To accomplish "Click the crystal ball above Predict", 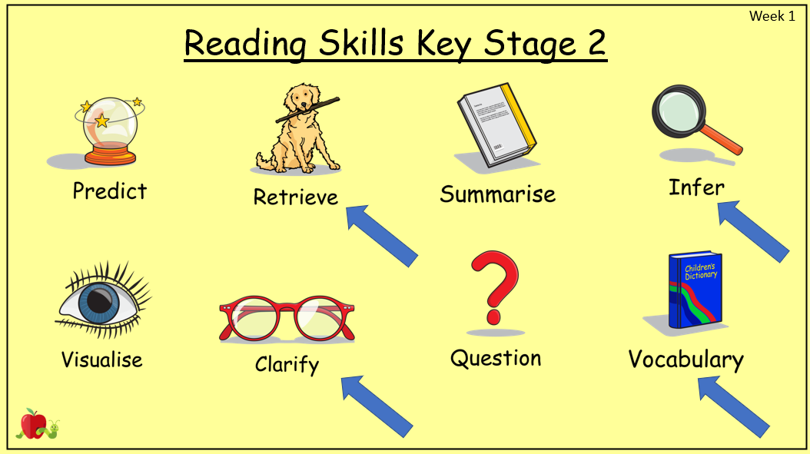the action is click(x=110, y=131).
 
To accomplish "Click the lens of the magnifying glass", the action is click(x=679, y=111).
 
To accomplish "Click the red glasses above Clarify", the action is click(x=287, y=319).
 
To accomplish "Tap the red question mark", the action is click(x=494, y=287).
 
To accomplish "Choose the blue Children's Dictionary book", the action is click(x=695, y=290).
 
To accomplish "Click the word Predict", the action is click(x=110, y=191).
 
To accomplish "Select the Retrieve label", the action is click(x=295, y=197).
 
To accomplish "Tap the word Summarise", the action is click(x=498, y=194).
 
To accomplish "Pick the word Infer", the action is click(x=696, y=187).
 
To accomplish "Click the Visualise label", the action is click(x=101, y=360).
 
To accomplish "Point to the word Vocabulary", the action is click(x=686, y=360).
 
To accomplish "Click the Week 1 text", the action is click(x=772, y=16).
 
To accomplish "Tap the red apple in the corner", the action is click(x=32, y=424).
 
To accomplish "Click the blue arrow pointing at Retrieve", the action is click(x=382, y=236).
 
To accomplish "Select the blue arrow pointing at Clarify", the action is click(x=377, y=406).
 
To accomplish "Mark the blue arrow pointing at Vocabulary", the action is click(x=734, y=407).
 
